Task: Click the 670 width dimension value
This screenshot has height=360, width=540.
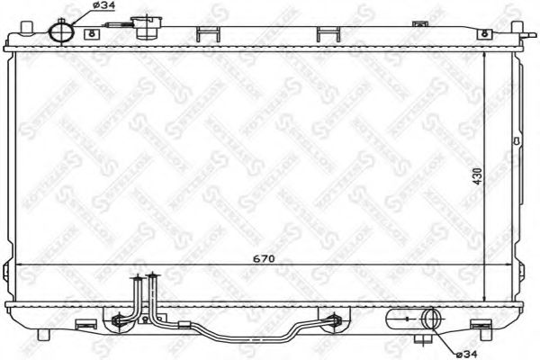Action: pyautogui.click(x=263, y=259)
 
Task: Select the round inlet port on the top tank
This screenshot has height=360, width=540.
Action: pyautogui.click(x=60, y=31)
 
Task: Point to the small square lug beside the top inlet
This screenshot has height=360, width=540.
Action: pyautogui.click(x=91, y=34)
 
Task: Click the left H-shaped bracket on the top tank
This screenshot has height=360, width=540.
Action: pyautogui.click(x=207, y=35)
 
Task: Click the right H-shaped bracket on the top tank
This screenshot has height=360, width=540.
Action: pyautogui.click(x=329, y=35)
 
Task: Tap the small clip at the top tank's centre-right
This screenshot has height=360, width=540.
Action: pyautogui.click(x=381, y=34)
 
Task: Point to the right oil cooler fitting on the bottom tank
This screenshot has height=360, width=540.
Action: pyautogui.click(x=336, y=317)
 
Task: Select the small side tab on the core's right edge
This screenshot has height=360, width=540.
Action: pyautogui.click(x=515, y=141)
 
